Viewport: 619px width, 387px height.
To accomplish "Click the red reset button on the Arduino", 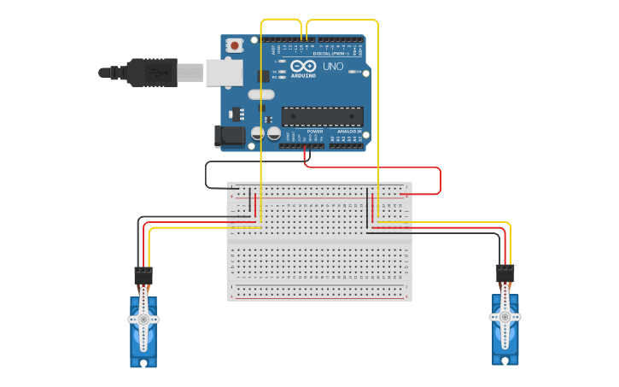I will coord(234,44).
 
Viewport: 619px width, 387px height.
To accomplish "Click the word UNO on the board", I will coord(333,66).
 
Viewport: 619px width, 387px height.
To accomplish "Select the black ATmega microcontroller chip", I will coord(323,116).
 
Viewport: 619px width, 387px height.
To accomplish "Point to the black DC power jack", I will coord(230,135).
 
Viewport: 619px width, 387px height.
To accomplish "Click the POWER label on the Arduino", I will coord(303,132).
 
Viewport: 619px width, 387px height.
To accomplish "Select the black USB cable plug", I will coord(150,73).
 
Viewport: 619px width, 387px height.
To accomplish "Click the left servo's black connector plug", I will coord(143,276).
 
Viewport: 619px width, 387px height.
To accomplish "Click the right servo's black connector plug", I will coord(505,273).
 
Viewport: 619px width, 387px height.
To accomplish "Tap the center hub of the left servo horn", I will coord(143,320).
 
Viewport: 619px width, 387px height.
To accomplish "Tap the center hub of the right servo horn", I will coord(505,316).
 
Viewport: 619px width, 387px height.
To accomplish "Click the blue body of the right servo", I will coord(505,340).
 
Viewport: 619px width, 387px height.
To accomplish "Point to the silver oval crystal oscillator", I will coord(262,95).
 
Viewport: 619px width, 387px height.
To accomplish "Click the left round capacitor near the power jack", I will coord(255,133).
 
